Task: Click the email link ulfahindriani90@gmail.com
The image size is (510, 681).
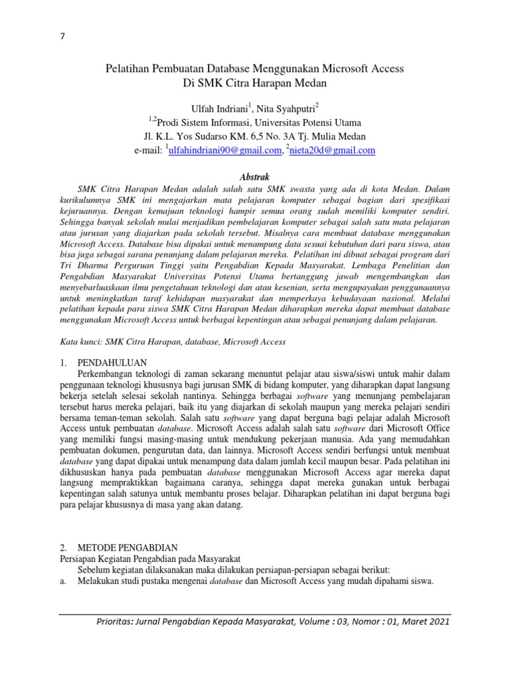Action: click(224, 150)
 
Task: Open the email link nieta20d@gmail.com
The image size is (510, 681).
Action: click(333, 150)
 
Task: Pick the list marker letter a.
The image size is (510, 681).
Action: click(62, 581)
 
